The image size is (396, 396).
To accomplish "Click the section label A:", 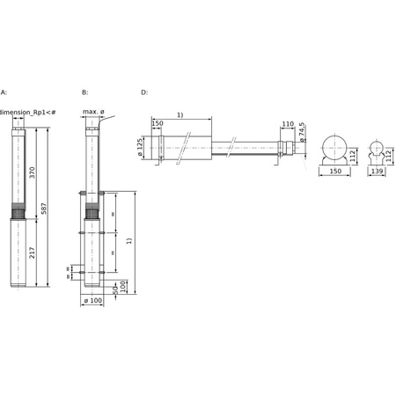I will click(4, 92).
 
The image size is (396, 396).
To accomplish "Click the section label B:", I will click(84, 92).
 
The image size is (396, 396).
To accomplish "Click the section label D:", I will click(144, 92).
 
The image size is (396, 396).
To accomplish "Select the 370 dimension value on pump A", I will click(33, 172).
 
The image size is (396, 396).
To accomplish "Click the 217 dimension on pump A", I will click(33, 253).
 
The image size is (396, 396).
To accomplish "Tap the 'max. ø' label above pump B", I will click(94, 112).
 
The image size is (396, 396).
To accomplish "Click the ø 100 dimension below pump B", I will click(92, 302).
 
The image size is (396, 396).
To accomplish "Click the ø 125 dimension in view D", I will click(141, 146).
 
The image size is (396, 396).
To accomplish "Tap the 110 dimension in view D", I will click(287, 124).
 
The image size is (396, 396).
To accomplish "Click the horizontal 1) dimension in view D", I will click(180, 115).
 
